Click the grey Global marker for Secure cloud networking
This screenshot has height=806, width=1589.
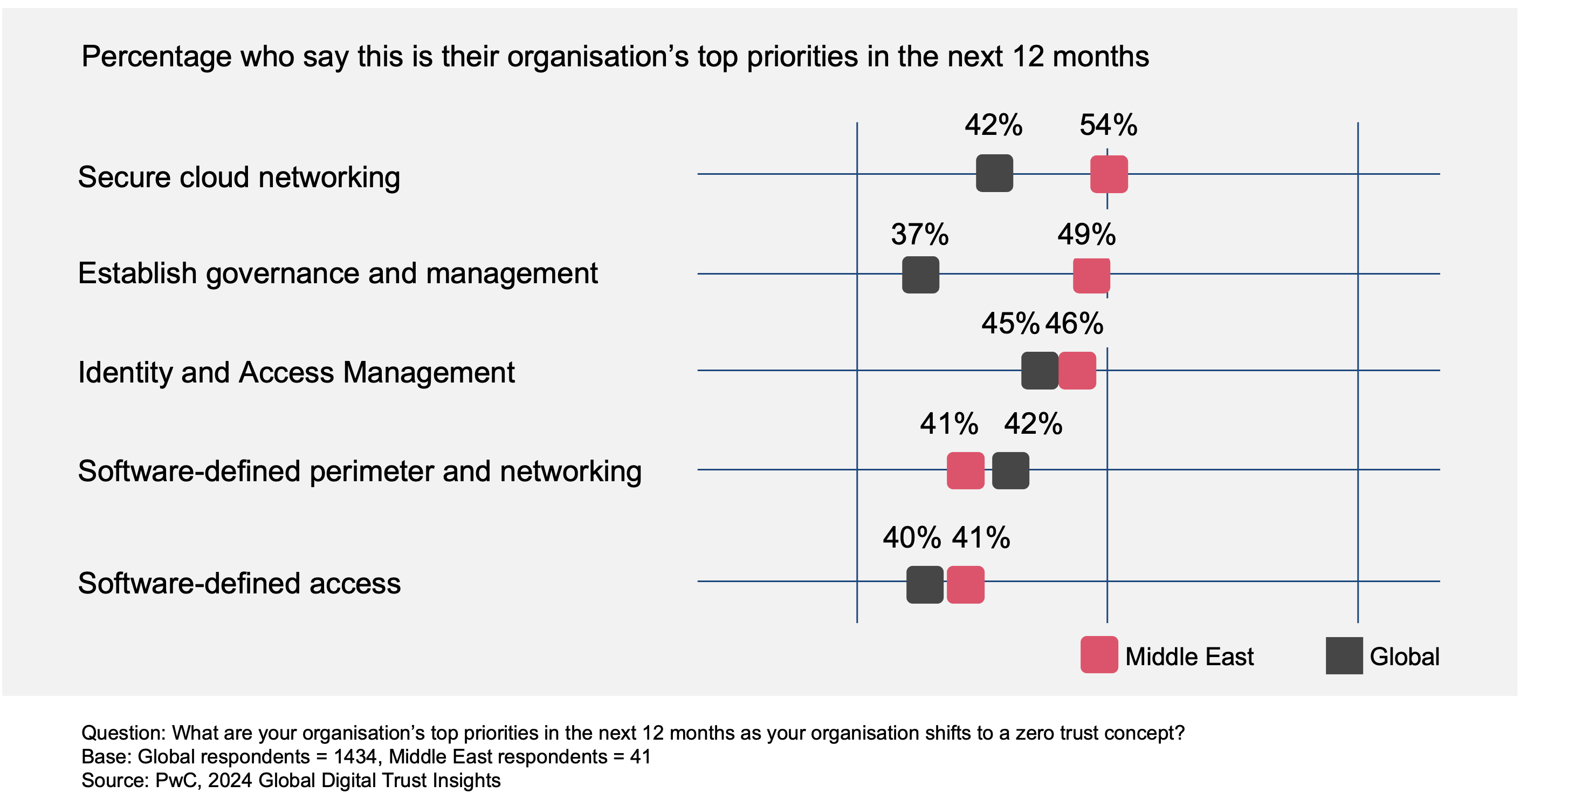pyautogui.click(x=994, y=173)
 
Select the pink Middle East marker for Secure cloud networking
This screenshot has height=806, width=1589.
pyautogui.click(x=1109, y=174)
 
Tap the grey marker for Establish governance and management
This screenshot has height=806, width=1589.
pyautogui.click(x=920, y=275)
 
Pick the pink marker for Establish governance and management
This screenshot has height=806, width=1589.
pyautogui.click(x=1091, y=275)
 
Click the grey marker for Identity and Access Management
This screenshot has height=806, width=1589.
pyautogui.click(x=1040, y=370)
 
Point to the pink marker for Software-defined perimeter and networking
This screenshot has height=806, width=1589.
pyautogui.click(x=965, y=470)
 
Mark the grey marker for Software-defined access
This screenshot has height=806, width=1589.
pyautogui.click(x=925, y=584)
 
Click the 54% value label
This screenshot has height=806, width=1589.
pyautogui.click(x=1109, y=125)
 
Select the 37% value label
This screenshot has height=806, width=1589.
pyautogui.click(x=920, y=235)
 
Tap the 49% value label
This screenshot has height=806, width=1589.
pyautogui.click(x=1086, y=235)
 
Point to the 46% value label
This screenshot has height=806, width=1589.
pyautogui.click(x=1074, y=323)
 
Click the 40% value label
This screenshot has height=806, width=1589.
pyautogui.click(x=912, y=537)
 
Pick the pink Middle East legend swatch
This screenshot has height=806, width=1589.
pyautogui.click(x=1099, y=655)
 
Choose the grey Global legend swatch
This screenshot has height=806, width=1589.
pyautogui.click(x=1344, y=655)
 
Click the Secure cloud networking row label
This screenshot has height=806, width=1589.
pyautogui.click(x=239, y=177)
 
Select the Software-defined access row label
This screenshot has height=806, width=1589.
pyautogui.click(x=239, y=583)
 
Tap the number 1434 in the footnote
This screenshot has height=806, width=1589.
pyautogui.click(x=356, y=756)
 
